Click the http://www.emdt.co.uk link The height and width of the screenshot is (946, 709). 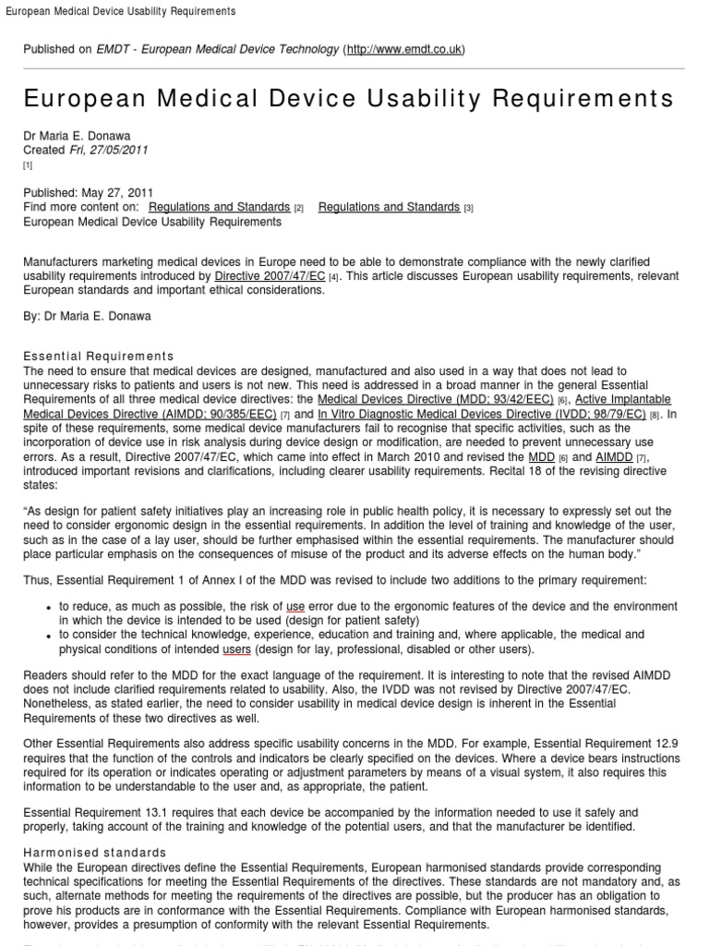coord(404,49)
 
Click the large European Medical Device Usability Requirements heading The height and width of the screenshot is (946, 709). coord(349,99)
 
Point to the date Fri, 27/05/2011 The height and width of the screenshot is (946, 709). coord(109,150)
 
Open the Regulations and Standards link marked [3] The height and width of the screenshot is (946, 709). coord(389,207)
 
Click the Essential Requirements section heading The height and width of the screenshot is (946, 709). coord(99,356)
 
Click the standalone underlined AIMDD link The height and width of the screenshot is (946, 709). coord(614,457)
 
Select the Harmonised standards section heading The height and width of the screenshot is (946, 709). coord(95,852)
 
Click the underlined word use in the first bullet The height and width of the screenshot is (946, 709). coord(295,606)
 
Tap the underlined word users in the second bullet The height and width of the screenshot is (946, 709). coord(237,649)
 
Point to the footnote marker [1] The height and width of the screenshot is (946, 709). coord(28,165)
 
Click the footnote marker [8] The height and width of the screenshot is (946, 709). coord(655,416)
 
